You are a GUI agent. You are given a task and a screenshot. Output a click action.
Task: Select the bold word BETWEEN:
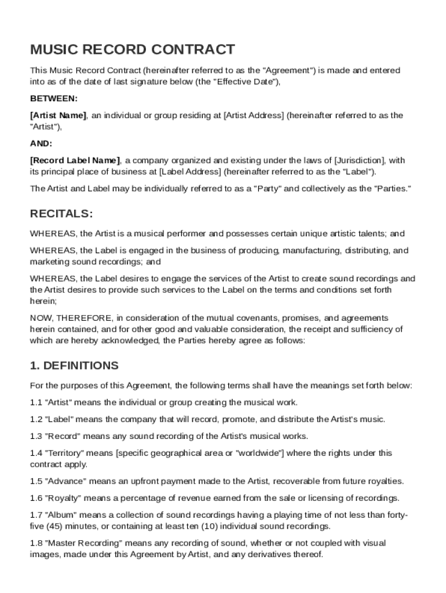pyautogui.click(x=54, y=98)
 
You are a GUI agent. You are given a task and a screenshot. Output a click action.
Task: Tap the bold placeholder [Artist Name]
pyautogui.click(x=58, y=115)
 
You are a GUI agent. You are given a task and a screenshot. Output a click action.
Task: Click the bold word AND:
pyautogui.click(x=41, y=143)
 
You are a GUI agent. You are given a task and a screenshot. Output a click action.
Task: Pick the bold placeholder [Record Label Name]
pyautogui.click(x=75, y=160)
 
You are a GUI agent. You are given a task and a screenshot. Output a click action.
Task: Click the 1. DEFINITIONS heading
pyautogui.click(x=74, y=366)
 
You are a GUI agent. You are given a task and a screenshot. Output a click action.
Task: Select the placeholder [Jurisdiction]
pyautogui.click(x=359, y=160)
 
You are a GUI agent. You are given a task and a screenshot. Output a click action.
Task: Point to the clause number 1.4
pyautogui.click(x=36, y=453)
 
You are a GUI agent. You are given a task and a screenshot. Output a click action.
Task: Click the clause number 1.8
pyautogui.click(x=36, y=543)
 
